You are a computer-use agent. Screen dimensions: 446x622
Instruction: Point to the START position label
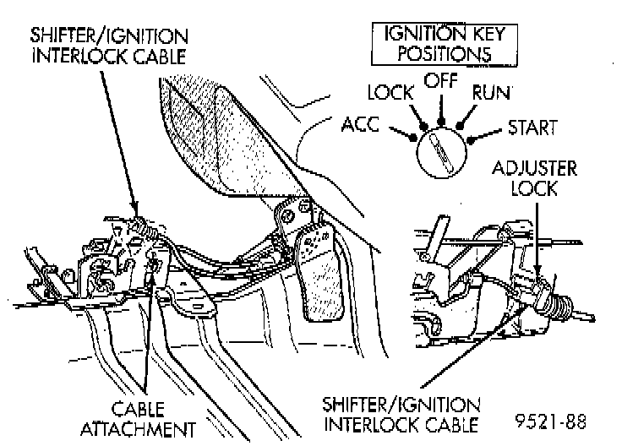click(x=532, y=128)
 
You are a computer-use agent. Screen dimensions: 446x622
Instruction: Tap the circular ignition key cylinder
click(x=441, y=150)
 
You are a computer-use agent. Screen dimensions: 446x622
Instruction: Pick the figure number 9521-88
click(x=552, y=420)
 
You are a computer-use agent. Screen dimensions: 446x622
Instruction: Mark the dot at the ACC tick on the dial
click(x=412, y=134)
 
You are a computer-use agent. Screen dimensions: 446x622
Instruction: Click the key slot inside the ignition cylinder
click(x=441, y=150)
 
